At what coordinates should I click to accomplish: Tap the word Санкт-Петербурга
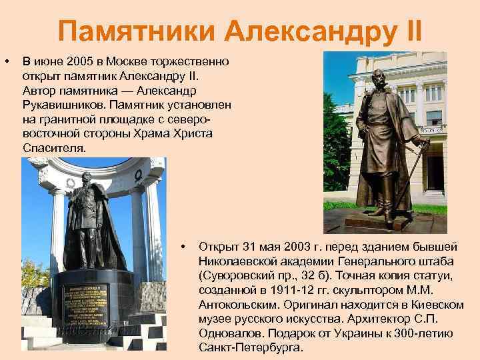coord(250,348)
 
